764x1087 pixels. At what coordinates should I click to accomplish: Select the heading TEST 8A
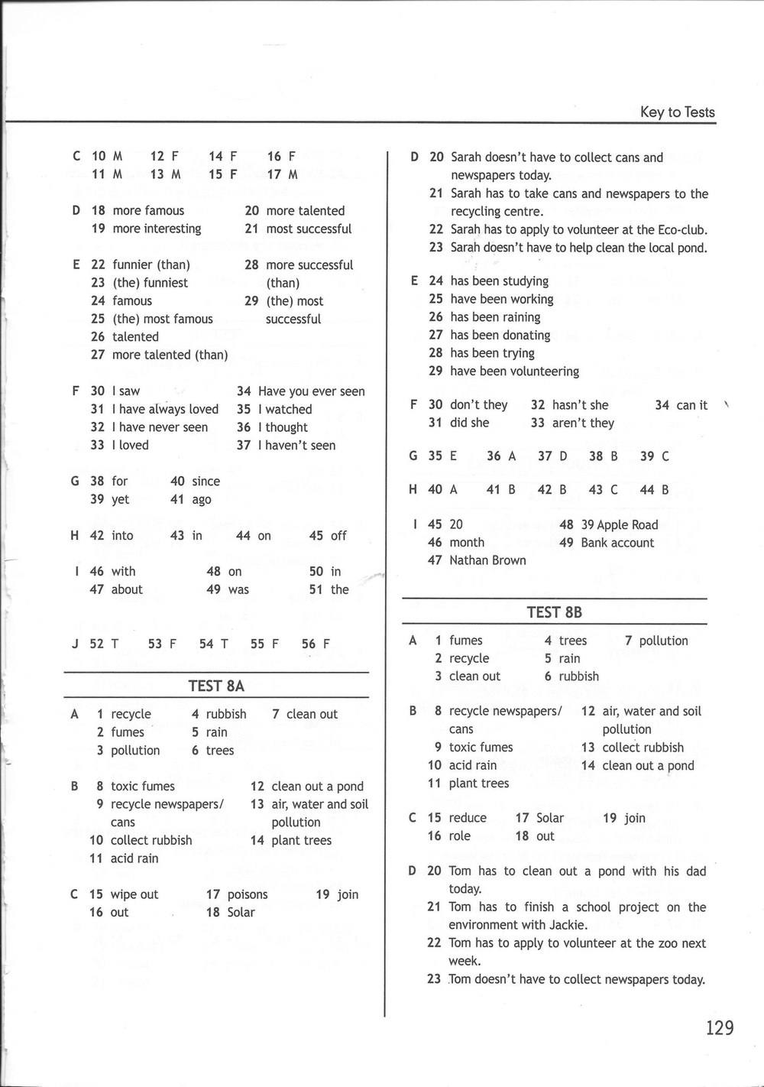[216, 686]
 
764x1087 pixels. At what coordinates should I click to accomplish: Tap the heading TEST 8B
[554, 612]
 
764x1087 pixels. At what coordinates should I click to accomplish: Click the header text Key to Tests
[677, 112]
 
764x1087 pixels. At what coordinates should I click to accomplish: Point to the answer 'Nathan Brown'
[487, 560]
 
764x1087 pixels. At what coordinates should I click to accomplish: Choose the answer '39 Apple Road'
[619, 524]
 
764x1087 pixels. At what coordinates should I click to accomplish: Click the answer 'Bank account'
[617, 543]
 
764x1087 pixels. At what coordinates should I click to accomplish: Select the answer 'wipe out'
[134, 894]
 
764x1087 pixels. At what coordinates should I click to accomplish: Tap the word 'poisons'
[248, 894]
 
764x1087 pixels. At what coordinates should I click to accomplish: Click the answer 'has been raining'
[495, 317]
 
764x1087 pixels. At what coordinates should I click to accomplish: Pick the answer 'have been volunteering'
[514, 372]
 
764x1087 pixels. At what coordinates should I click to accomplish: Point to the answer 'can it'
[691, 405]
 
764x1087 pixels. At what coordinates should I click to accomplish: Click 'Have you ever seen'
[312, 391]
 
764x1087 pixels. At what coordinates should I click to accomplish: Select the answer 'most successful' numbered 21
[309, 229]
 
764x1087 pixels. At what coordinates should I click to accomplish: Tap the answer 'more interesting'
[157, 229]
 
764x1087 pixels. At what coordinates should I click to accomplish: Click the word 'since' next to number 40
[206, 482]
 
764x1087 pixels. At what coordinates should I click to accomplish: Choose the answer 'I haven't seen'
[296, 446]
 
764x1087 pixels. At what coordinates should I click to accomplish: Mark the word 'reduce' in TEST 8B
[468, 818]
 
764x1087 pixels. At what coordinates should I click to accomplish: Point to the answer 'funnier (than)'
[151, 265]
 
